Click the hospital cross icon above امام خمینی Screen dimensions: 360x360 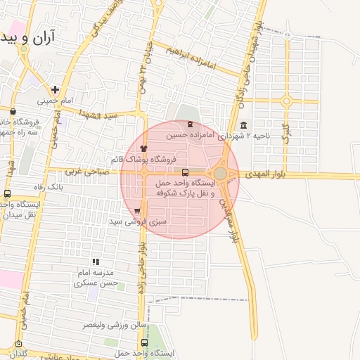(x=55, y=89)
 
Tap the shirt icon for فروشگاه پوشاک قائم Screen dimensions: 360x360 (x=144, y=148)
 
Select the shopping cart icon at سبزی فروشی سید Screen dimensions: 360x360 (x=136, y=210)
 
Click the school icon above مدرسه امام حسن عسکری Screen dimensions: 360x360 (x=96, y=262)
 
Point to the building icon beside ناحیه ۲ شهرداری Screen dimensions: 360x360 (x=243, y=126)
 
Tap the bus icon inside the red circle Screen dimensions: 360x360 (x=185, y=172)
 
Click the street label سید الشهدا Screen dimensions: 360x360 (x=102, y=114)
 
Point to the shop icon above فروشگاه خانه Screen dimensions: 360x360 (x=13, y=111)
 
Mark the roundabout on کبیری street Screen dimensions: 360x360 (x=285, y=101)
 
